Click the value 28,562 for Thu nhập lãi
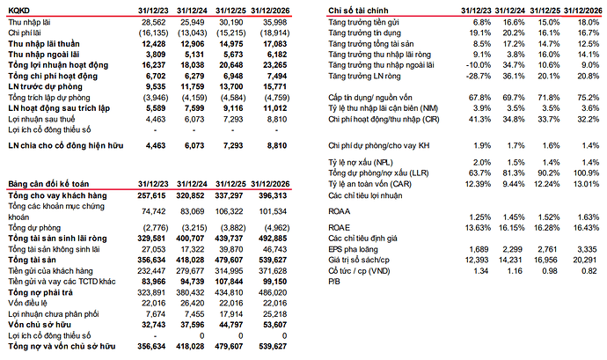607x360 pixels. coord(153,20)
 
